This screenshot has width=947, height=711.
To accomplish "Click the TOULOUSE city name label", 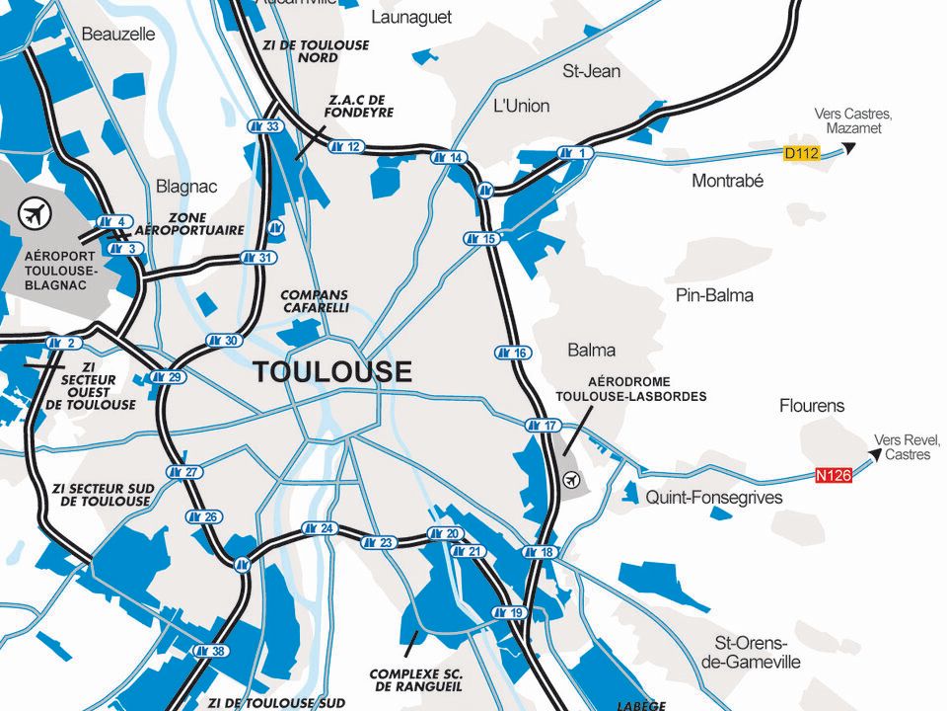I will pyautogui.click(x=332, y=372).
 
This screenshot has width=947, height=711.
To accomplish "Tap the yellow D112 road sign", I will pyautogui.click(x=802, y=153).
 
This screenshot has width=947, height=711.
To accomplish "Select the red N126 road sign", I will pyautogui.click(x=834, y=475).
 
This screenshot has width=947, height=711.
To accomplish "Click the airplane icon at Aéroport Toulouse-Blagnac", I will pyautogui.click(x=35, y=211).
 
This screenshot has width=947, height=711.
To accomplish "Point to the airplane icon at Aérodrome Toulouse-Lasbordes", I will pyautogui.click(x=571, y=480).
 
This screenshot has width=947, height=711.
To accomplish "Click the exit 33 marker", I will pyautogui.click(x=264, y=126).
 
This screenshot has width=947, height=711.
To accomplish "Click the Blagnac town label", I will pyautogui.click(x=186, y=187).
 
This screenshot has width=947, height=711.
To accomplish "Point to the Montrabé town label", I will pyautogui.click(x=727, y=182).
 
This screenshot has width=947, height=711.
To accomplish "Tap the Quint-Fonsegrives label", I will pyautogui.click(x=713, y=498).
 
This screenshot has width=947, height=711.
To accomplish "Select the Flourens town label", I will pyautogui.click(x=812, y=406).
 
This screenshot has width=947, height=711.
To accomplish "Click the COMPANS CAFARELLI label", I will pyautogui.click(x=315, y=301).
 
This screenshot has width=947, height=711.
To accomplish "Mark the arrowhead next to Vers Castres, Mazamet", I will pyautogui.click(x=847, y=149).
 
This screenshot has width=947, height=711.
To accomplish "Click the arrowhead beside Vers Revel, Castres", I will pyautogui.click(x=872, y=455).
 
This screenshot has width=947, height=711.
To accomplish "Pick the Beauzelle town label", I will pyautogui.click(x=118, y=34).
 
